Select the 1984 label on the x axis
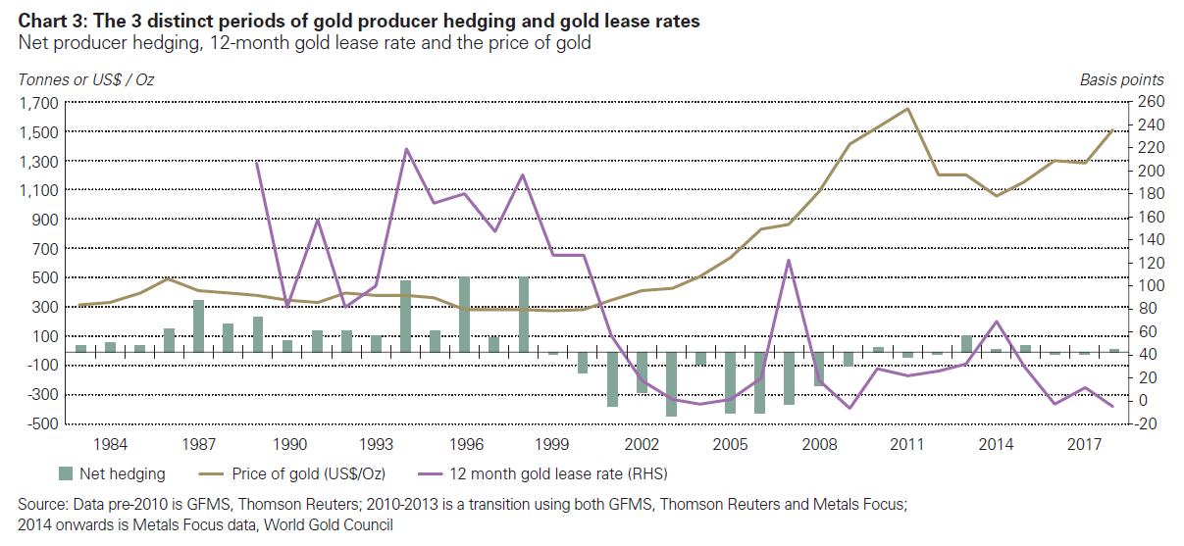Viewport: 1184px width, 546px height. point(110,444)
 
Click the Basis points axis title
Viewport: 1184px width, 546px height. point(1122,79)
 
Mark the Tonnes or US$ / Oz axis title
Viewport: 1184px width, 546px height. point(86,79)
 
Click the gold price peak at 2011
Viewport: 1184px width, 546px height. point(908,109)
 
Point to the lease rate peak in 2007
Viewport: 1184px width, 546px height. point(789,260)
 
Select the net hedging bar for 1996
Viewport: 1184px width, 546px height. point(464,314)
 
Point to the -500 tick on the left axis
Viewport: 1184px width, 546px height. point(40,424)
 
